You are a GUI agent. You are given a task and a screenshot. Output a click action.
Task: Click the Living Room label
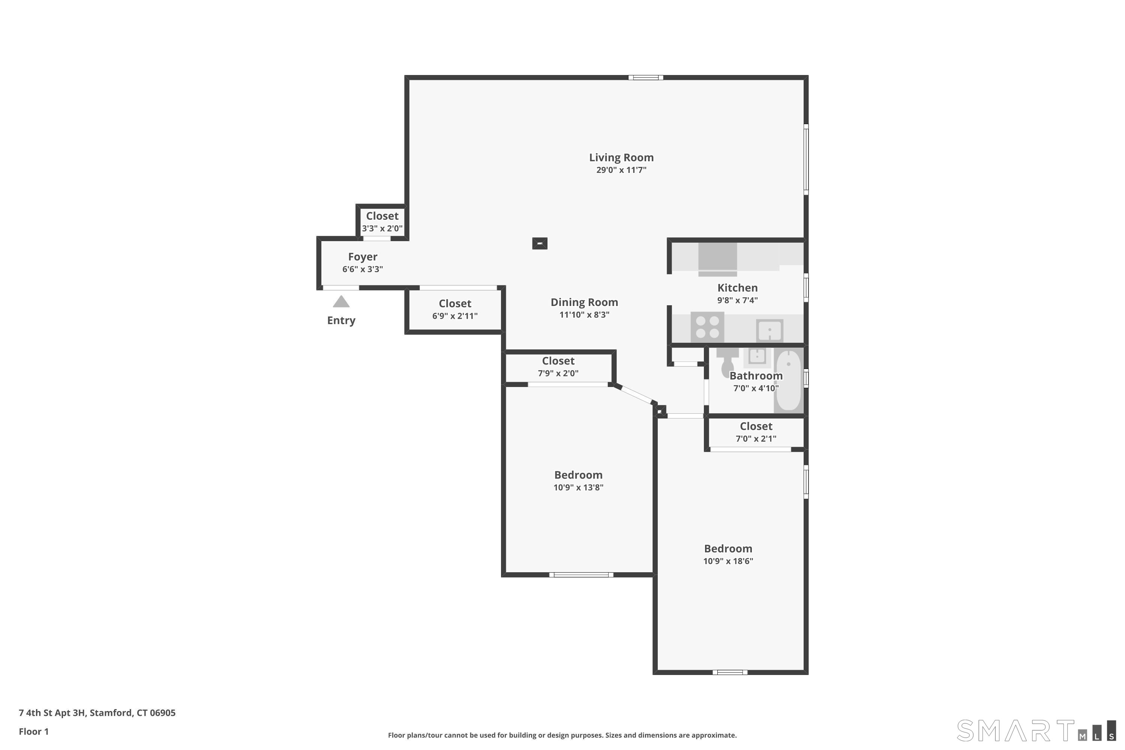coord(621,157)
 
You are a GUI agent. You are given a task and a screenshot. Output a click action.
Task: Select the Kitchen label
coord(737,288)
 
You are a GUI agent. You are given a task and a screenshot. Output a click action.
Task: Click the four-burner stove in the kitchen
coord(707,327)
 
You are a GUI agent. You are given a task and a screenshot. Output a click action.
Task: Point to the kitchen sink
coord(769,330)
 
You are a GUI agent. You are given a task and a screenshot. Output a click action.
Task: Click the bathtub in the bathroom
coord(788,380)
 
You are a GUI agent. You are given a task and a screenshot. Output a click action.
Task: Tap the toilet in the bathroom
coord(727,361)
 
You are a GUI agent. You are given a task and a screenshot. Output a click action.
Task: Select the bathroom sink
coord(757,356)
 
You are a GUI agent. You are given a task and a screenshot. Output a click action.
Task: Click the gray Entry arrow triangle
coord(341,302)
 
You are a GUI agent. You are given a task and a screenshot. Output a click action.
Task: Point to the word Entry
coord(341,321)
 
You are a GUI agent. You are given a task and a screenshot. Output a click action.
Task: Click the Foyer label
coord(363,257)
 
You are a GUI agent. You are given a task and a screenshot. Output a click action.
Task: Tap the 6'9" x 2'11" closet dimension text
coord(455,316)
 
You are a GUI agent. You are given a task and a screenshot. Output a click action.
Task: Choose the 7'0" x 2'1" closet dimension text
coord(756,439)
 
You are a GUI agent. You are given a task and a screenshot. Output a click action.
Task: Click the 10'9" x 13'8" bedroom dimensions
coord(578,487)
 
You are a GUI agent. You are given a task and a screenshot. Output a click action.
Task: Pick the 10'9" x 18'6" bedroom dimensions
coord(728,561)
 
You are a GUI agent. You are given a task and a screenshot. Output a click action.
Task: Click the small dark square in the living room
coord(540,243)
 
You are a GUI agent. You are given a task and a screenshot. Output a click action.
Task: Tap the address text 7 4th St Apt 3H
coord(52,713)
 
